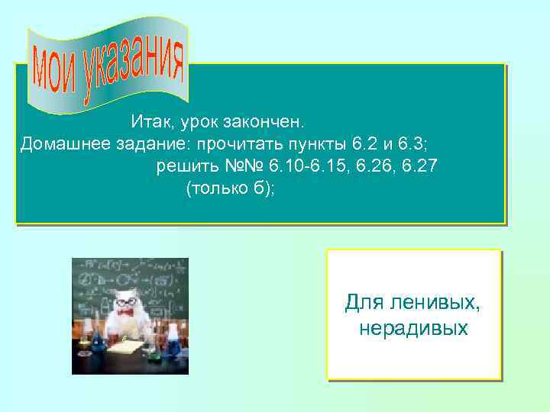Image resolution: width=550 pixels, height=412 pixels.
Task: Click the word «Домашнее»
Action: pyautogui.click(x=63, y=143)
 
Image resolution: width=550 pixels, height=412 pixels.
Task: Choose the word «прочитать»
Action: pyautogui.click(x=237, y=143)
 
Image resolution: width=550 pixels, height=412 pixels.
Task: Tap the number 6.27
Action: pyautogui.click(x=419, y=166)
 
